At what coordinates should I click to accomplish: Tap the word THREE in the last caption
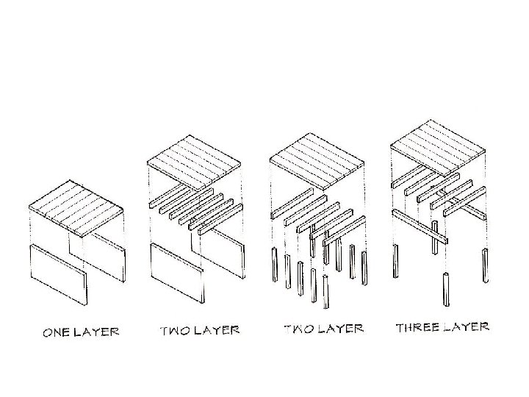(418, 327)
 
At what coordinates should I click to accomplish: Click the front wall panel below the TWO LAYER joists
(177, 273)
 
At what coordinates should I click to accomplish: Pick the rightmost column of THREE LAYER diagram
(484, 266)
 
